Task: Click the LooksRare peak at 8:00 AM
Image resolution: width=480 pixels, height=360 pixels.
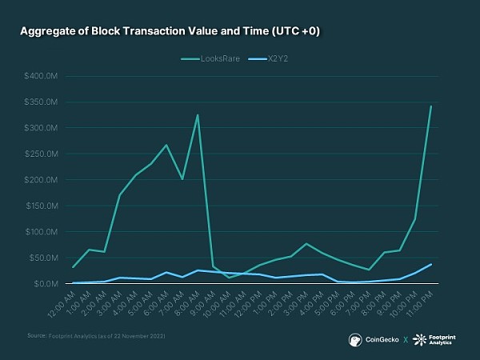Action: pyautogui.click(x=198, y=115)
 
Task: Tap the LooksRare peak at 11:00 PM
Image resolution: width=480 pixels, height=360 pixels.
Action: pyautogui.click(x=431, y=106)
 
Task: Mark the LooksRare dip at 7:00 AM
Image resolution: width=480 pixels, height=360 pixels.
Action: pyautogui.click(x=182, y=179)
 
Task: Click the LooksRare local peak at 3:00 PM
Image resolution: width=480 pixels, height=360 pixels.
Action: pyautogui.click(x=306, y=243)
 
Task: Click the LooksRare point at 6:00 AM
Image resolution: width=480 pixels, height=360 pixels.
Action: pyautogui.click(x=166, y=145)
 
